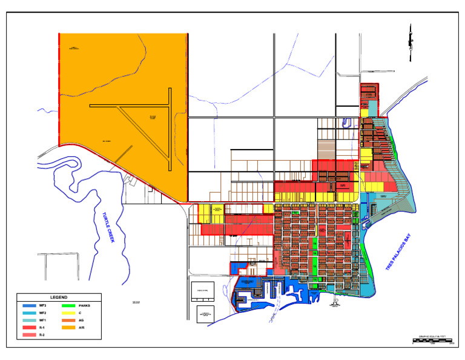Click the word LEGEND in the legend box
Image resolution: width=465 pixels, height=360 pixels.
(x=59, y=298)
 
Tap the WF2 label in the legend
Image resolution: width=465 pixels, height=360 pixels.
(x=42, y=313)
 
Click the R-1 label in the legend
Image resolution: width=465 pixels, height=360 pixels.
(x=42, y=327)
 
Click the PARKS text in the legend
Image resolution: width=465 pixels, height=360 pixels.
(x=85, y=305)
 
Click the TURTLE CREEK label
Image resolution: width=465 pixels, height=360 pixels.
(x=108, y=228)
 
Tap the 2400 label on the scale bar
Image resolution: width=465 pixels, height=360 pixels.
(x=452, y=343)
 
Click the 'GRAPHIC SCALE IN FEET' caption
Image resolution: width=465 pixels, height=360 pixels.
(x=432, y=336)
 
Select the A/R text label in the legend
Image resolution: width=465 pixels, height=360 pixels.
(x=82, y=327)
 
